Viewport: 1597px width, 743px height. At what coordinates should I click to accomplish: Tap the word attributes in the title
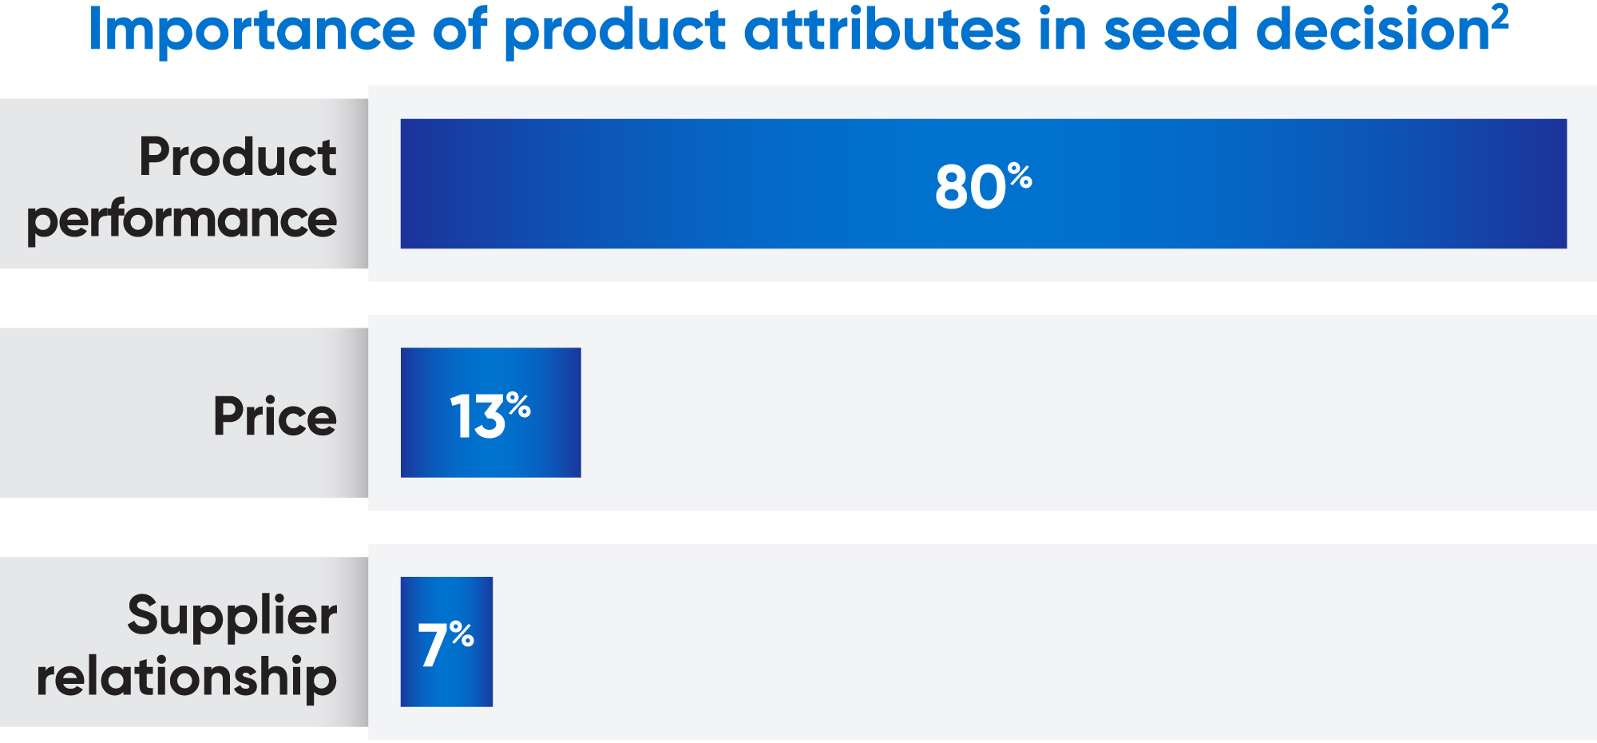point(882,30)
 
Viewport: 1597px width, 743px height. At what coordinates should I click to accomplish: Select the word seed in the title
point(1170,30)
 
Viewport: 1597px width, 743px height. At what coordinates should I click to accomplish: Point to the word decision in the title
point(1372,30)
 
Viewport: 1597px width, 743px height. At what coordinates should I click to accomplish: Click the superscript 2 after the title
point(1500,16)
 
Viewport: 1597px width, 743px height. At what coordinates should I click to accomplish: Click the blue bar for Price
point(423,447)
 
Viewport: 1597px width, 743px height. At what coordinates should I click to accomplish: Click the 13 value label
point(478,416)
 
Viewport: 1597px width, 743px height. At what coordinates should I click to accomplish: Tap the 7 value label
point(433,646)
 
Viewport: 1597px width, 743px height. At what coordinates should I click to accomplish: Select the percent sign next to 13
point(518,405)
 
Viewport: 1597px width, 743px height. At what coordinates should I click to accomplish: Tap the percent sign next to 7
point(462,634)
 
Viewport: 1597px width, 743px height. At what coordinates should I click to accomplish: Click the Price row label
point(275,416)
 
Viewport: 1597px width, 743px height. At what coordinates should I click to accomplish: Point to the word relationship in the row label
point(187,677)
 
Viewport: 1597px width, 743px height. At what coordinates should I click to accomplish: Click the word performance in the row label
point(182,221)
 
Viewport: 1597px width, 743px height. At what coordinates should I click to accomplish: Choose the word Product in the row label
point(237,157)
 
